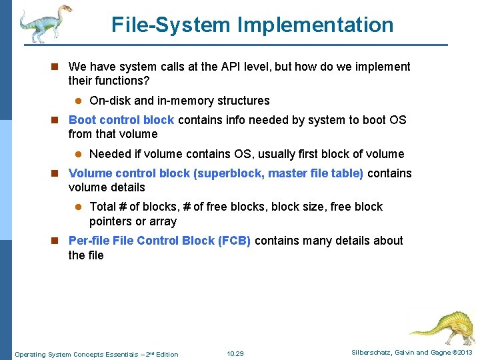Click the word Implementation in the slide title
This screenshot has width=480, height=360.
point(325,25)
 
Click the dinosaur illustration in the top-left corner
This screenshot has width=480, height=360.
point(45,23)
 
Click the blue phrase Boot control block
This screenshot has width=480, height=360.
point(121,120)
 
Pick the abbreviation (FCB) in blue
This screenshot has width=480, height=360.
point(234,241)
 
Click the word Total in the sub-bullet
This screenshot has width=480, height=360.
point(103,207)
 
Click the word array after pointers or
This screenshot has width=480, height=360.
point(162,221)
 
